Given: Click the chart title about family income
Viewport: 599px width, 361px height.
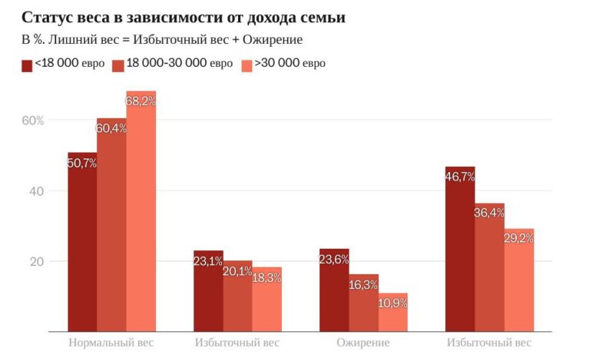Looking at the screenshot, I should click(x=183, y=17).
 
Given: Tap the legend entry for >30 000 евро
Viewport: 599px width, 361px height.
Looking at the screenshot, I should click(x=283, y=63).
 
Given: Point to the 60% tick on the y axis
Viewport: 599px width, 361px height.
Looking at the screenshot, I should click(x=34, y=121).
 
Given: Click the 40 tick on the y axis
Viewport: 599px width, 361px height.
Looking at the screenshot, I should click(x=37, y=190).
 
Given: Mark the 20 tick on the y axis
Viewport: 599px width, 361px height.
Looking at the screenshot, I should click(x=37, y=261).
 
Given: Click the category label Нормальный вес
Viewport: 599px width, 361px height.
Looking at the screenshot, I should click(x=111, y=343).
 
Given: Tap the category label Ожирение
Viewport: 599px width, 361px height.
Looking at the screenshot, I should click(x=363, y=343).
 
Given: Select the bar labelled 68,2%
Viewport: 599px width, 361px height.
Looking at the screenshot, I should click(x=141, y=211).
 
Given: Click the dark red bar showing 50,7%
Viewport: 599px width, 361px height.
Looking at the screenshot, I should click(x=82, y=242).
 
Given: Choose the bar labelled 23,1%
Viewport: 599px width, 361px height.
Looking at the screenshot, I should click(x=208, y=291).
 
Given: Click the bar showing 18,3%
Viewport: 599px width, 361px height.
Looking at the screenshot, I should click(x=267, y=300).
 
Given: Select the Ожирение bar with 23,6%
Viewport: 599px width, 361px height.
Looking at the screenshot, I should click(x=334, y=290).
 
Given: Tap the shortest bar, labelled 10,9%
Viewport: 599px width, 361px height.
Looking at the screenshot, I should click(x=393, y=313).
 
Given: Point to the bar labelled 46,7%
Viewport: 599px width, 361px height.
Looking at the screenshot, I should click(x=460, y=250).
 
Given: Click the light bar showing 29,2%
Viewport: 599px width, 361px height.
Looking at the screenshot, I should click(x=519, y=280).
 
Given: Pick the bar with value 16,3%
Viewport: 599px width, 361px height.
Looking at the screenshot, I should click(x=363, y=303).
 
